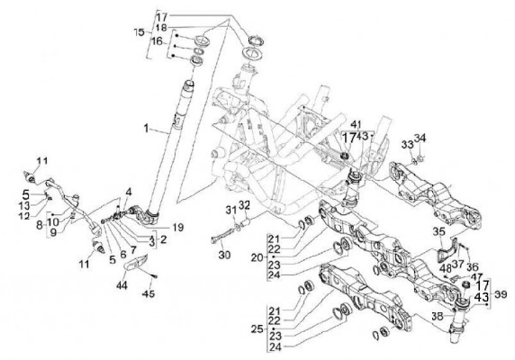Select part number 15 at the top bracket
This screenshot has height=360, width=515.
[139, 33]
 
